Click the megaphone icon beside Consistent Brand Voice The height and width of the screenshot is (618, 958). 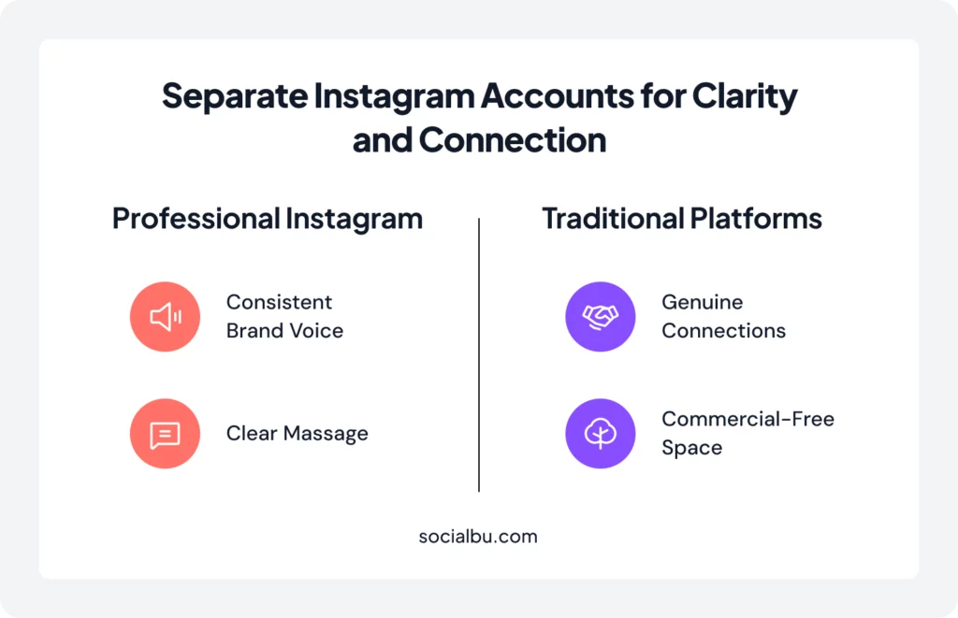pyautogui.click(x=165, y=317)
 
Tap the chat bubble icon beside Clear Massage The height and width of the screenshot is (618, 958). pyautogui.click(x=165, y=434)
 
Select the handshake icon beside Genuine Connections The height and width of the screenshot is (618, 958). pyautogui.click(x=600, y=317)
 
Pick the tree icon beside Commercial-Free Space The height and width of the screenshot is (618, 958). pyautogui.click(x=600, y=434)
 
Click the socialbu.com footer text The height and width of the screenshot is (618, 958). pyautogui.click(x=478, y=537)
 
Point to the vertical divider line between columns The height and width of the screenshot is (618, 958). pyautogui.click(x=479, y=355)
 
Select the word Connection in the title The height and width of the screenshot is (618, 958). pyautogui.click(x=513, y=140)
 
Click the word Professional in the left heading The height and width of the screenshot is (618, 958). pyautogui.click(x=193, y=219)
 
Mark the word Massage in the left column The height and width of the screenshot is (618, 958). pyautogui.click(x=324, y=434)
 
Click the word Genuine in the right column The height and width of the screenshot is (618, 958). pyautogui.click(x=702, y=303)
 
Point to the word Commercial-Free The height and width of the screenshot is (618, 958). pyautogui.click(x=748, y=420)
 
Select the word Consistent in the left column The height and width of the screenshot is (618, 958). pyautogui.click(x=279, y=303)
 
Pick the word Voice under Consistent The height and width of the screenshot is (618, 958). pyautogui.click(x=315, y=331)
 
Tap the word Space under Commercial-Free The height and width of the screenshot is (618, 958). pyautogui.click(x=691, y=448)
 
